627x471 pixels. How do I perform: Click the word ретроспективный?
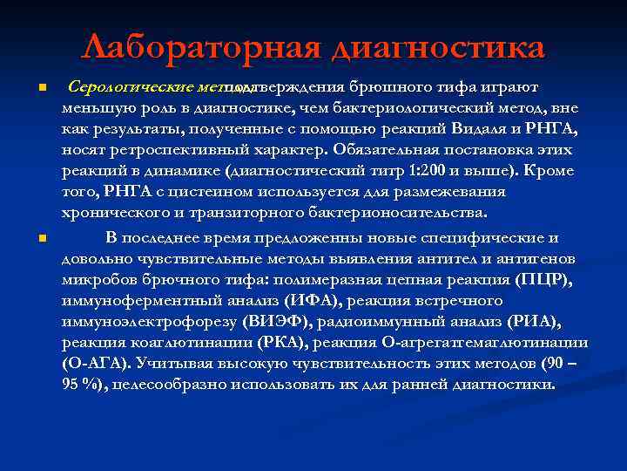pos(155,149)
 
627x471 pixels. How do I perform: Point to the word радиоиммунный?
pos(386,320)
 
